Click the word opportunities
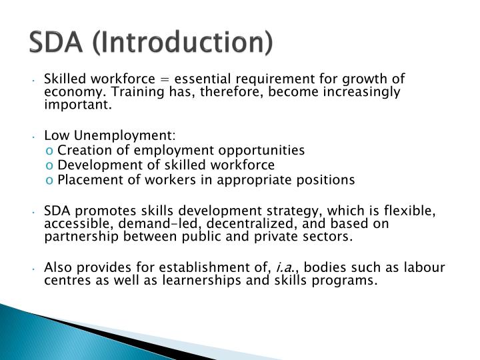[x=263, y=150]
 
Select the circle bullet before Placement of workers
[x=51, y=180]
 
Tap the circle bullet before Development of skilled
[x=51, y=165]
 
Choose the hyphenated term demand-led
[x=145, y=225]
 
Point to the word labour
[x=422, y=268]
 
